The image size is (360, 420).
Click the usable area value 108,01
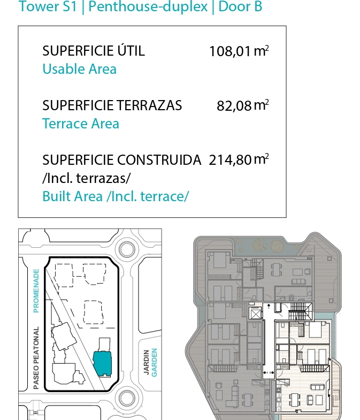pos(230,51)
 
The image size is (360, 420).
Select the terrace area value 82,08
pos(234,105)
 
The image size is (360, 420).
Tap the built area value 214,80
pos(230,160)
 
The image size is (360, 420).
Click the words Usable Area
pos(80,69)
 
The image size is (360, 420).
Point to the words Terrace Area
pos(81,124)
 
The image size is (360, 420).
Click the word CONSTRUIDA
pos(159,160)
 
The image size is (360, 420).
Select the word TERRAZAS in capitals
pos(149,105)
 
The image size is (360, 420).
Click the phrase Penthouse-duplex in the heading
pos(148,6)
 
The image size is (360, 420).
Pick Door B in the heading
pos(240,6)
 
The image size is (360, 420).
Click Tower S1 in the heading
pos(48,6)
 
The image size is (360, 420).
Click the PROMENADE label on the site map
pos(36,291)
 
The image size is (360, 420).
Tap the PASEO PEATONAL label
pos(36,358)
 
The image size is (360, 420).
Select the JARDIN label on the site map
pos(146,362)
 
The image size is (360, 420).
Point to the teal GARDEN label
pos(155,362)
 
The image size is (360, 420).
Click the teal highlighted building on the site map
pos(103,363)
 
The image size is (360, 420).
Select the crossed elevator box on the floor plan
pos(255,313)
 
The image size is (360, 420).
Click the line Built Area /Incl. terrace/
pos(116,196)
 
